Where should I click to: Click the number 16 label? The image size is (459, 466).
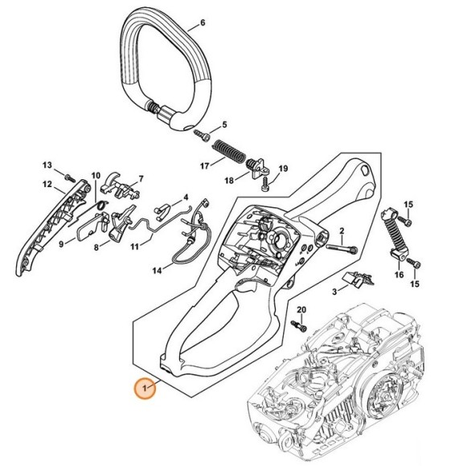tap(397, 275)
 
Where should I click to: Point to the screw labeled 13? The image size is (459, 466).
tap(70, 177)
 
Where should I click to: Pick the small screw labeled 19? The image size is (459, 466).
tap(266, 184)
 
